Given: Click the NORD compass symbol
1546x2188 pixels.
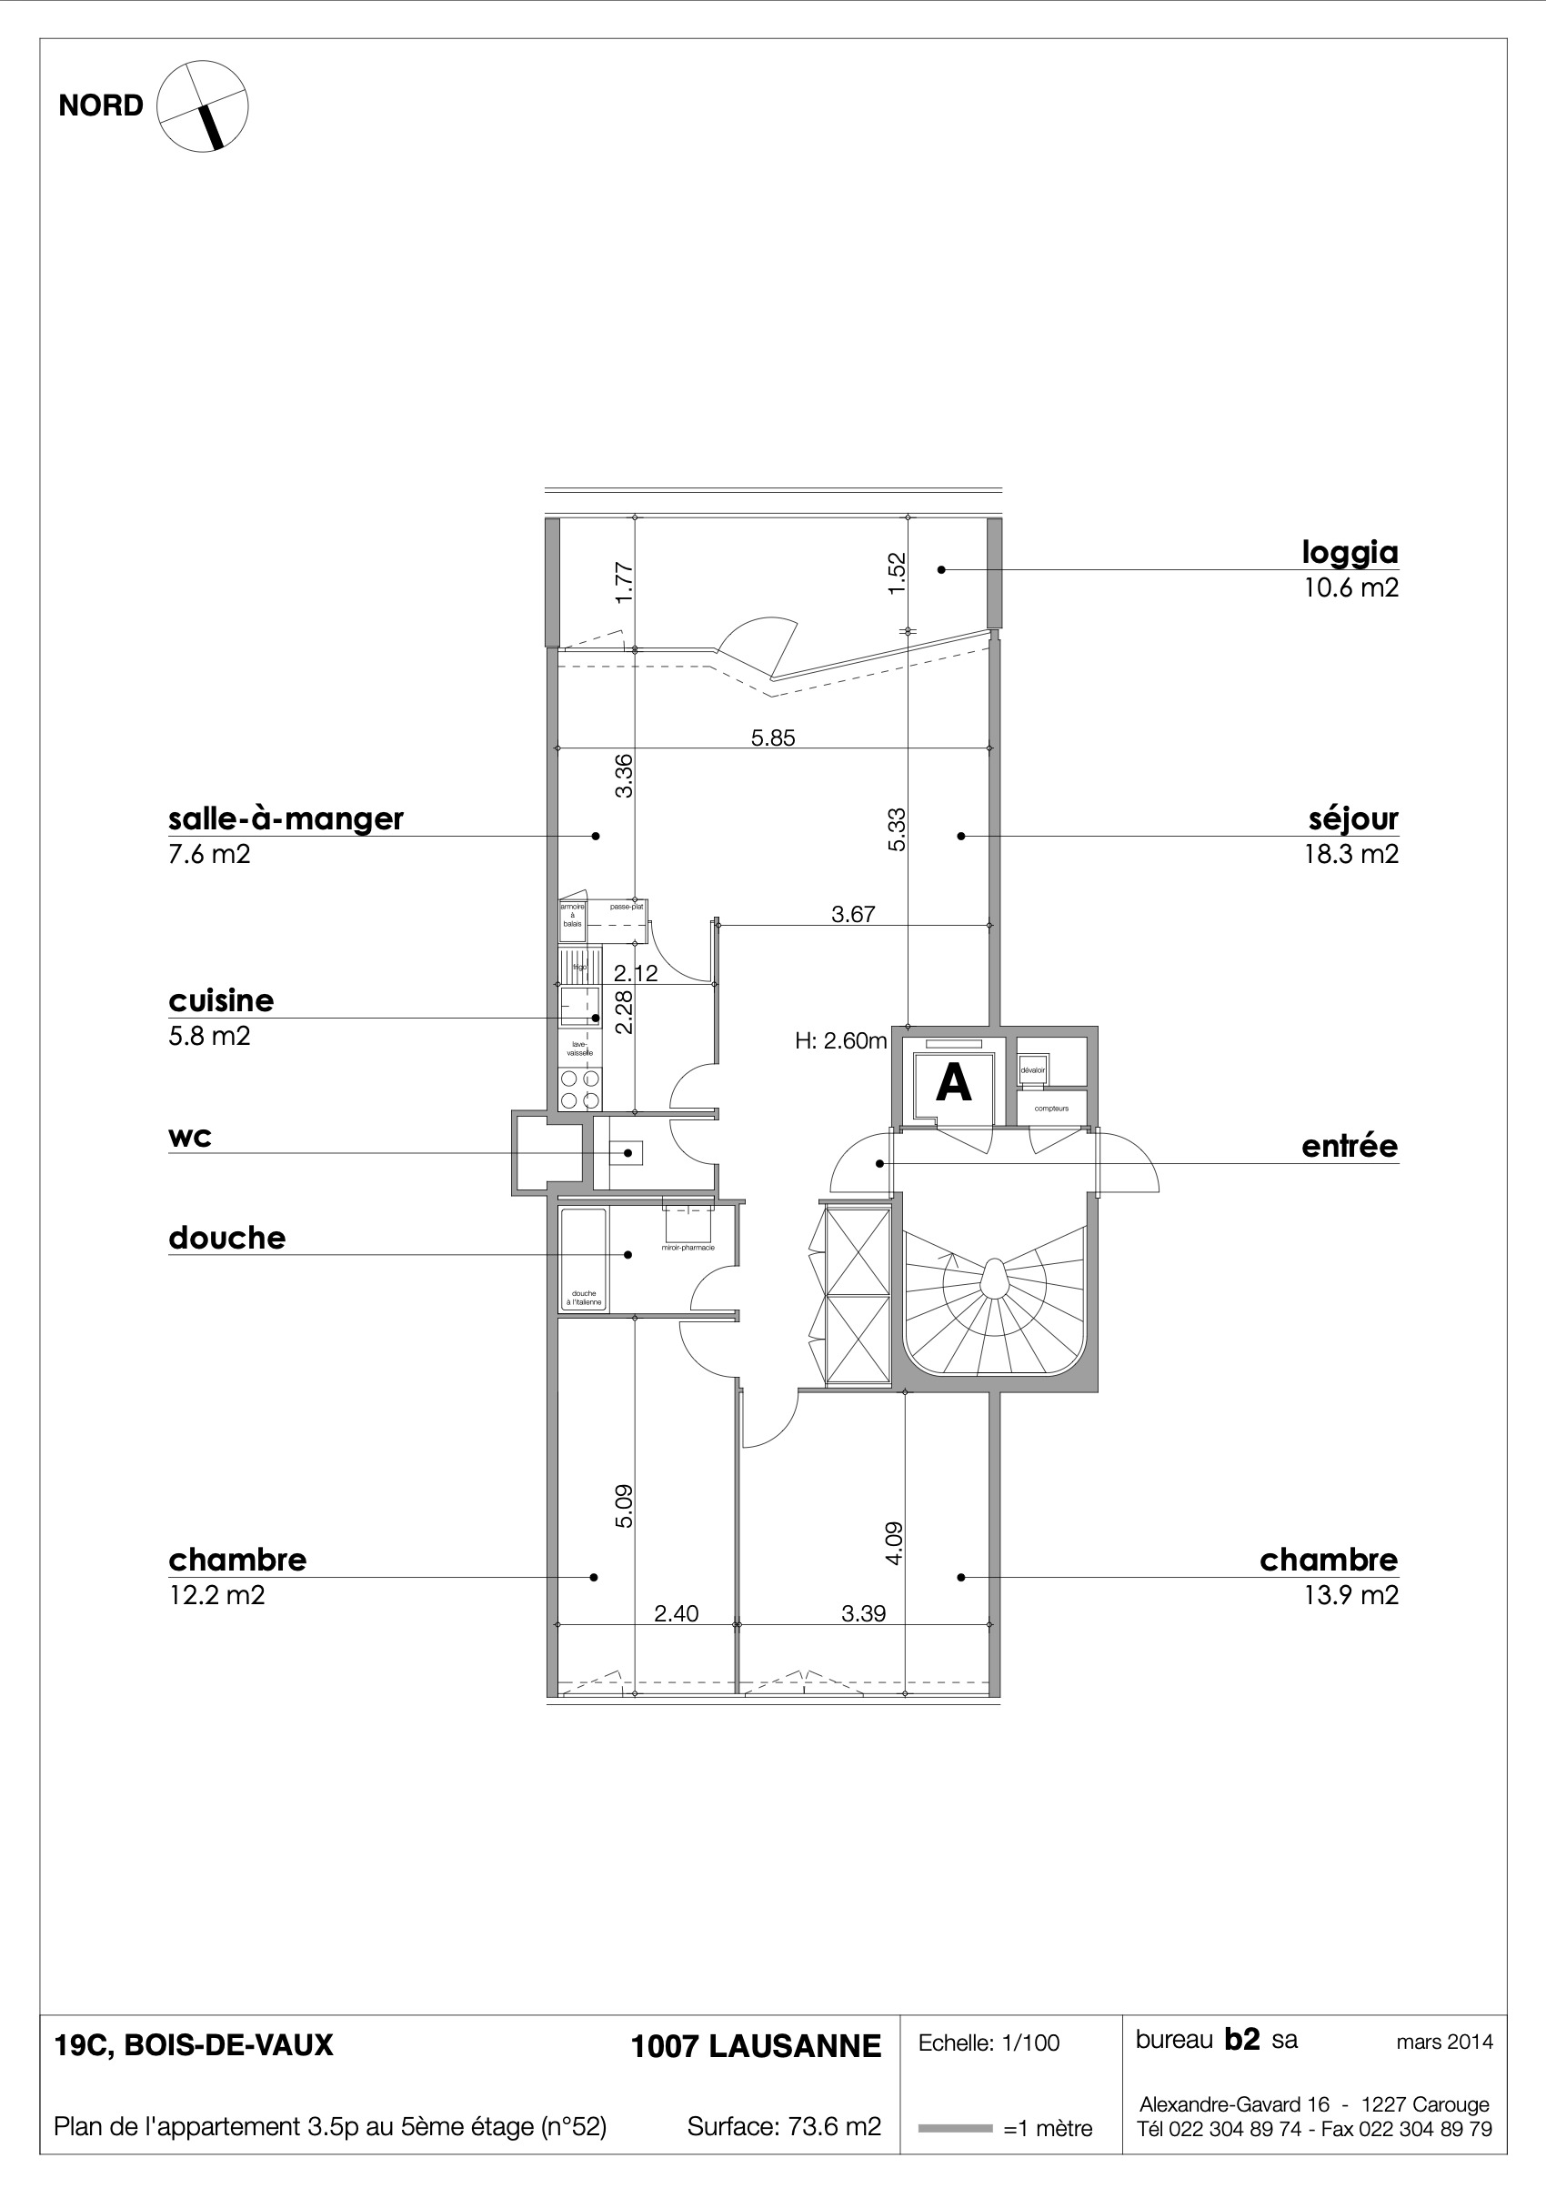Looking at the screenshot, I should [202, 105].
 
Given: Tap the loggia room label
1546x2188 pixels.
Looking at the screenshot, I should [1350, 552].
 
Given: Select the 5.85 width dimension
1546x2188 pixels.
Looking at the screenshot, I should [772, 738].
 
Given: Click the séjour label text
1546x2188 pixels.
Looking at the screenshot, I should [1353, 818].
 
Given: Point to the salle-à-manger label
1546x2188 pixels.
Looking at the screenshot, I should [286, 818].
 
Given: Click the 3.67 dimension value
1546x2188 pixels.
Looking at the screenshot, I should [852, 915].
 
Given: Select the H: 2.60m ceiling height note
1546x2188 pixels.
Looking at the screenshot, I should [840, 1040].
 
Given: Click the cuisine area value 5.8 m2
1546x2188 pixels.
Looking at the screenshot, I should [209, 1036].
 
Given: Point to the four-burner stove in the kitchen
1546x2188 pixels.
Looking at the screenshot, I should [580, 1090].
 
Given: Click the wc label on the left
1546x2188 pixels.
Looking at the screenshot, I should [190, 1137].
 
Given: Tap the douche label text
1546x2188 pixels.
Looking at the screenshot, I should [226, 1238].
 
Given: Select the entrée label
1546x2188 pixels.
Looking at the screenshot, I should [1349, 1147].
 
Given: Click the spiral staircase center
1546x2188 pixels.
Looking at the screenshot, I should [993, 1278].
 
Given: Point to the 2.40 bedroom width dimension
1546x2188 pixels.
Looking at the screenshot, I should [676, 1613].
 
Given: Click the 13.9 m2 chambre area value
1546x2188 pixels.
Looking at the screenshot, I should [1350, 1595].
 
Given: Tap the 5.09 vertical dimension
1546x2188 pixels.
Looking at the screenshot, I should [623, 1507].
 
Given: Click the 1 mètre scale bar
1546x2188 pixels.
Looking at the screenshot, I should [955, 2128].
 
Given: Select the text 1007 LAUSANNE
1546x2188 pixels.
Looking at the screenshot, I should [756, 2046].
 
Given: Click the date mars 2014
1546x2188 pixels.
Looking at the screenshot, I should [1444, 2042].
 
